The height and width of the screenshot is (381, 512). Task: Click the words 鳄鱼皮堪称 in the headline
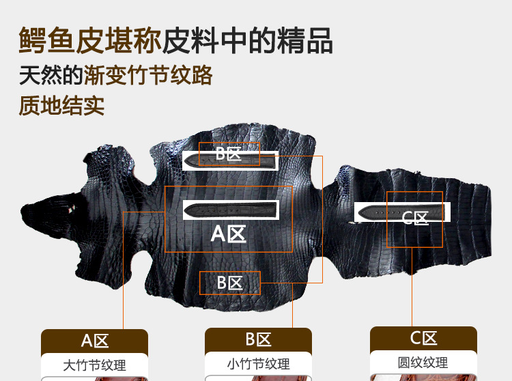coord(90,40)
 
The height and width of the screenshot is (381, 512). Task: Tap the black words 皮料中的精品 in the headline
coord(248,40)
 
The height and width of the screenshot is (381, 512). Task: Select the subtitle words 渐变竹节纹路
coord(148,75)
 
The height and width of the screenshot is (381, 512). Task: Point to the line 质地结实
coord(61,105)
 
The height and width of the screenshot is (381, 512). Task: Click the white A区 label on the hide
coord(228,234)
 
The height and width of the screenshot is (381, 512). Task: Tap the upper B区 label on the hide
coord(229,154)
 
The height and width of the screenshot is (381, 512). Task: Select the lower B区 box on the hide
coord(230,283)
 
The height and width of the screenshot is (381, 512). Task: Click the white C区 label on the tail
coord(414,218)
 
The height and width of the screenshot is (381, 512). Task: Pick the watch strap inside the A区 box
coord(231,210)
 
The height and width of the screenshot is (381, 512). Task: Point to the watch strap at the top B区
coord(231,161)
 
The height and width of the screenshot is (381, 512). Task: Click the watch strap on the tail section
coord(401,212)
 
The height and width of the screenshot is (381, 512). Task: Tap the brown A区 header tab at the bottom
coord(94,341)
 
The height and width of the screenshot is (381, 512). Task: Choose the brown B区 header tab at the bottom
coord(258,340)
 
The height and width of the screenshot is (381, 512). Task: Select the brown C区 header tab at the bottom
coord(423,339)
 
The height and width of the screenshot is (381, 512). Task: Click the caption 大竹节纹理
coord(94,365)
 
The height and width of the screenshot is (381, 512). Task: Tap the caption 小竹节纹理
coord(258,364)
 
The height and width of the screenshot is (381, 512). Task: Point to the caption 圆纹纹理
coord(423,363)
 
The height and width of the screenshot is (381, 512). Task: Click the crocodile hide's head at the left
coord(53,216)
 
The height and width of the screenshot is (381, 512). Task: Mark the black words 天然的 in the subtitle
coord(51,75)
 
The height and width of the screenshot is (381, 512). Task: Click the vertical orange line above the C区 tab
coord(412,287)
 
